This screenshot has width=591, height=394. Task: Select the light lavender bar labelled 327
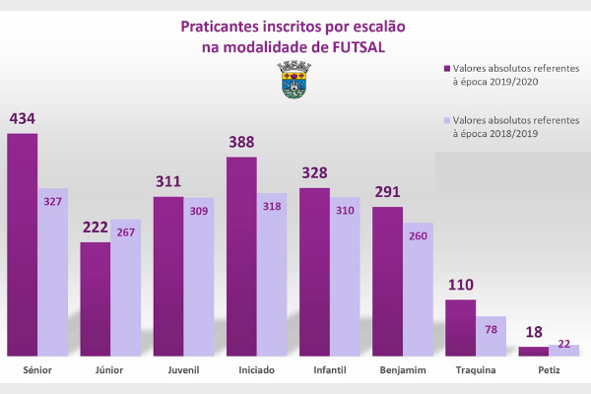coord(52,271)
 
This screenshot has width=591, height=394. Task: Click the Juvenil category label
coord(183,371)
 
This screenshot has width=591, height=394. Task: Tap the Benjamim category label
coord(403,371)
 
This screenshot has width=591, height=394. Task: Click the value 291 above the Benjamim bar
coord(389,193)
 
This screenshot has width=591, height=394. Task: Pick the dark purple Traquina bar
coord(460,327)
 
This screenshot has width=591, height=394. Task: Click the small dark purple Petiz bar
coord(533,351)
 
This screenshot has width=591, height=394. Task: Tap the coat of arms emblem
coord(294,79)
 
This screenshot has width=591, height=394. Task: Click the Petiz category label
coord(549,371)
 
